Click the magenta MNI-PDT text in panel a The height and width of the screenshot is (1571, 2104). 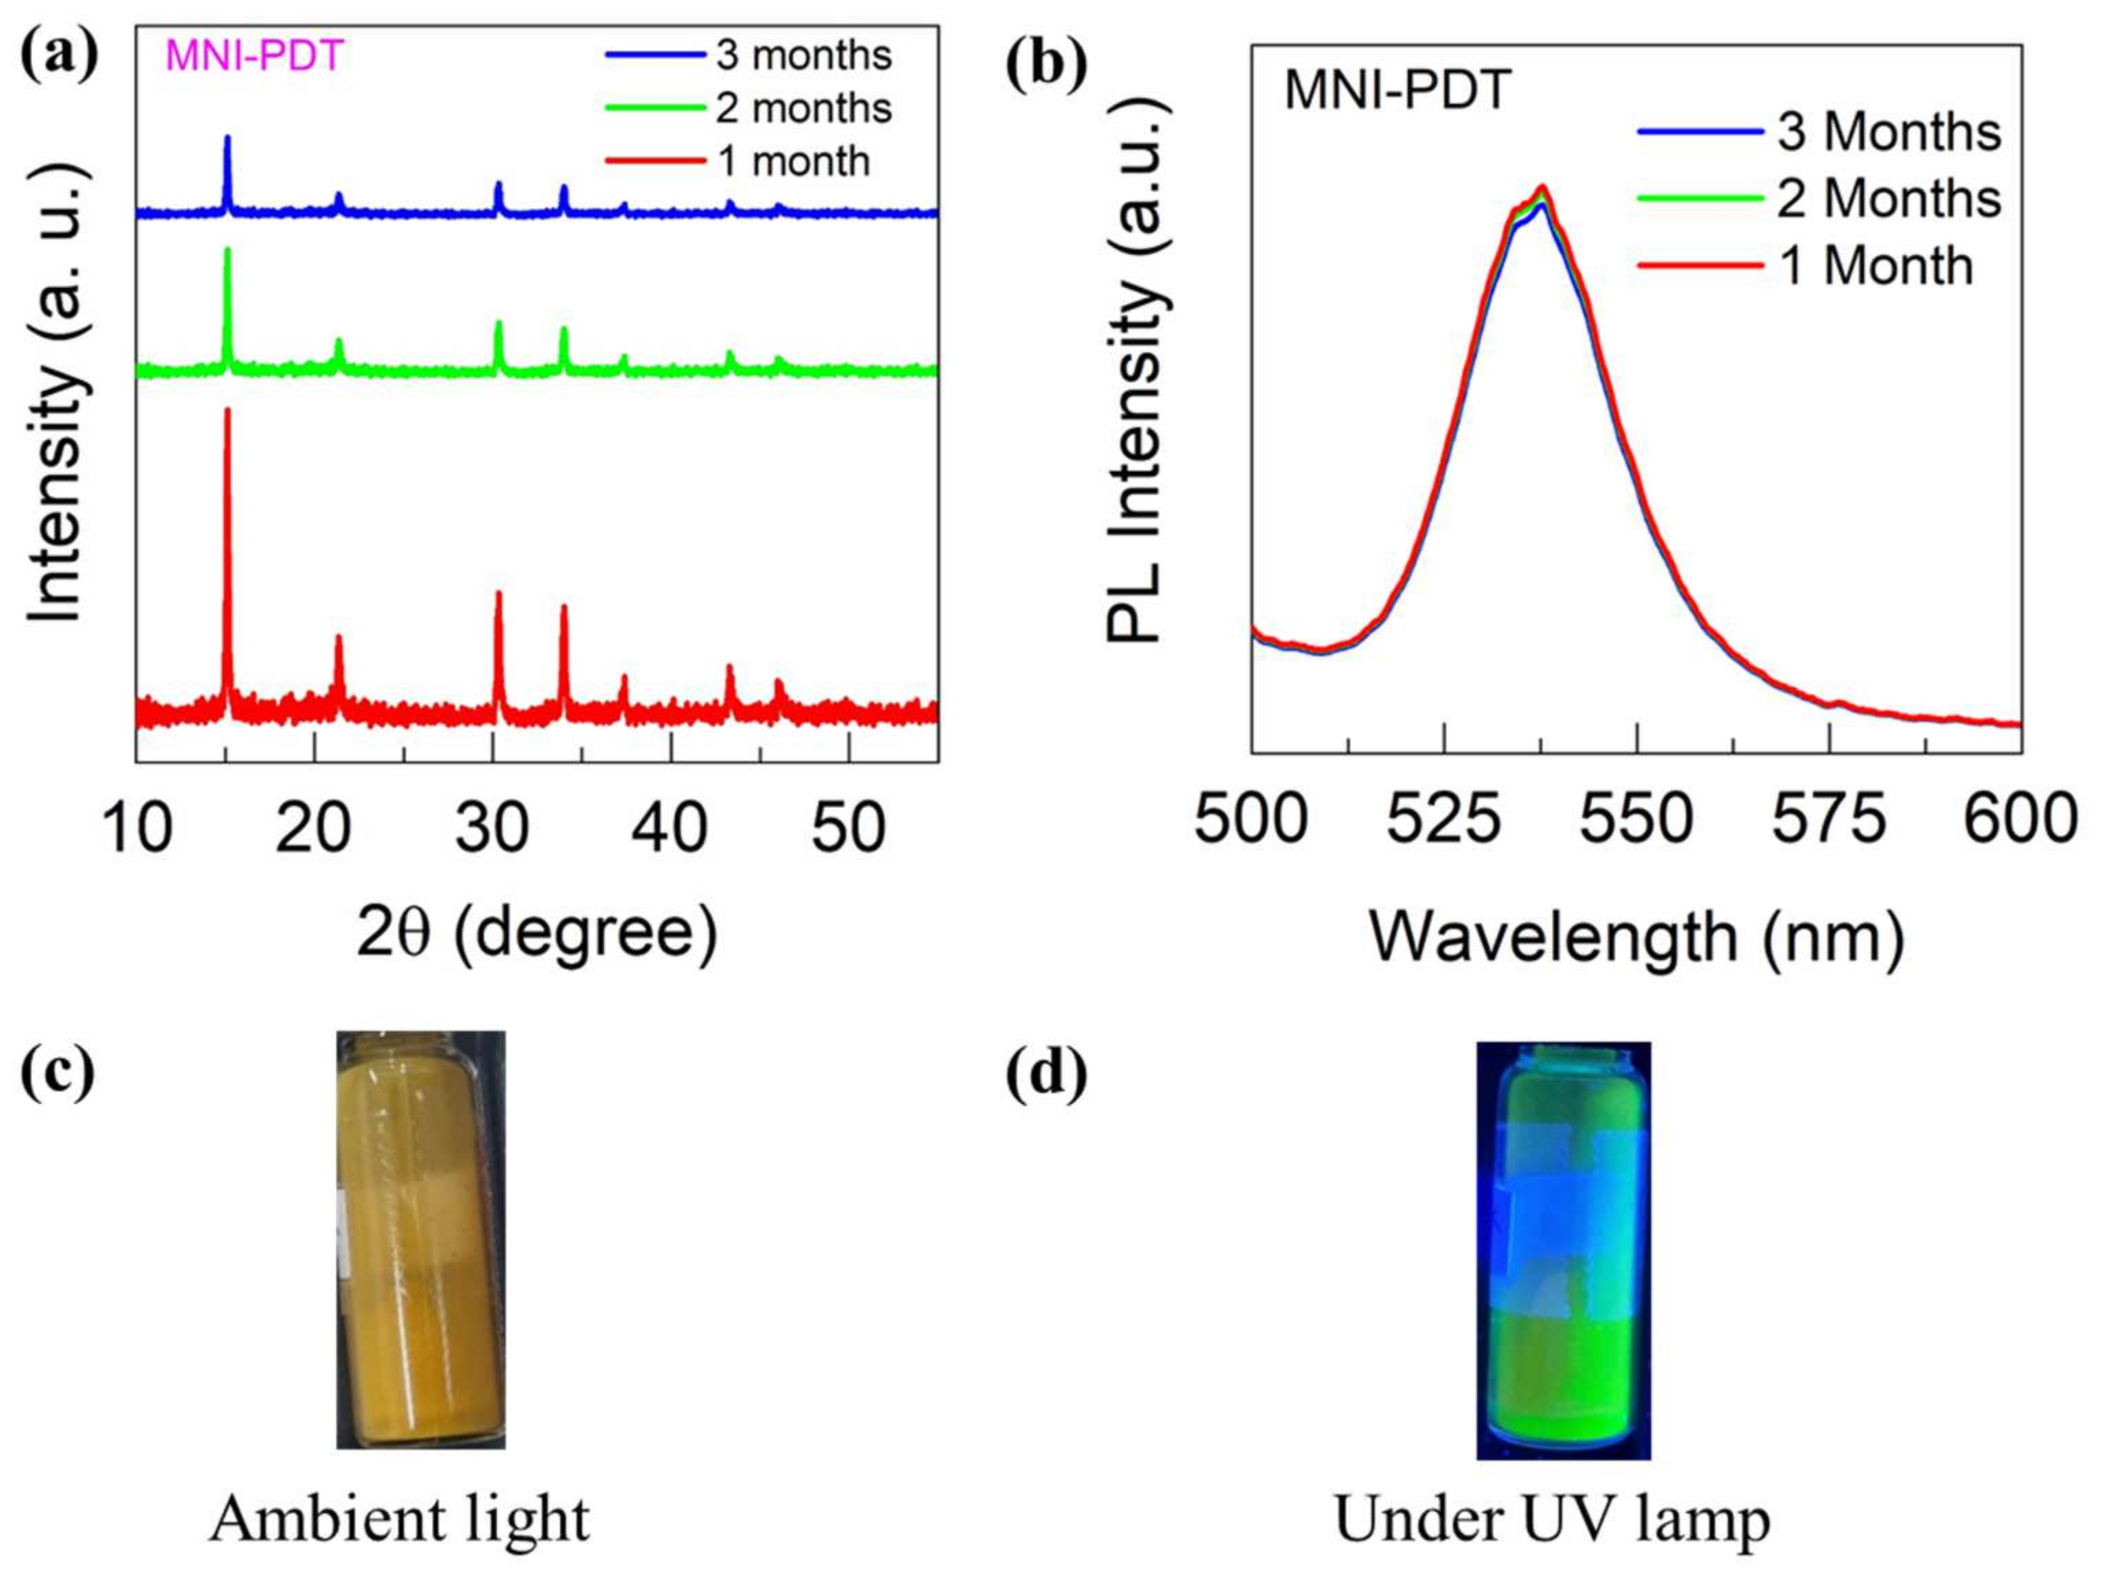click(x=254, y=57)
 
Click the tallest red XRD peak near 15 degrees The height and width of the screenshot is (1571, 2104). click(x=227, y=414)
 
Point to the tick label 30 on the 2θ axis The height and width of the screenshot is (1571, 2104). click(x=492, y=827)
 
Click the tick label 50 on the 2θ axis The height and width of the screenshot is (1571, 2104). click(x=848, y=827)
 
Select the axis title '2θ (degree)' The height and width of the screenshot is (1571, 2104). click(x=537, y=932)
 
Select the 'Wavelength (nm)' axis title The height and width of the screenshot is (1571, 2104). click(x=1636, y=936)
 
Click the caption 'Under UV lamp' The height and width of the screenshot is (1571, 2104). click(x=1552, y=1519)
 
